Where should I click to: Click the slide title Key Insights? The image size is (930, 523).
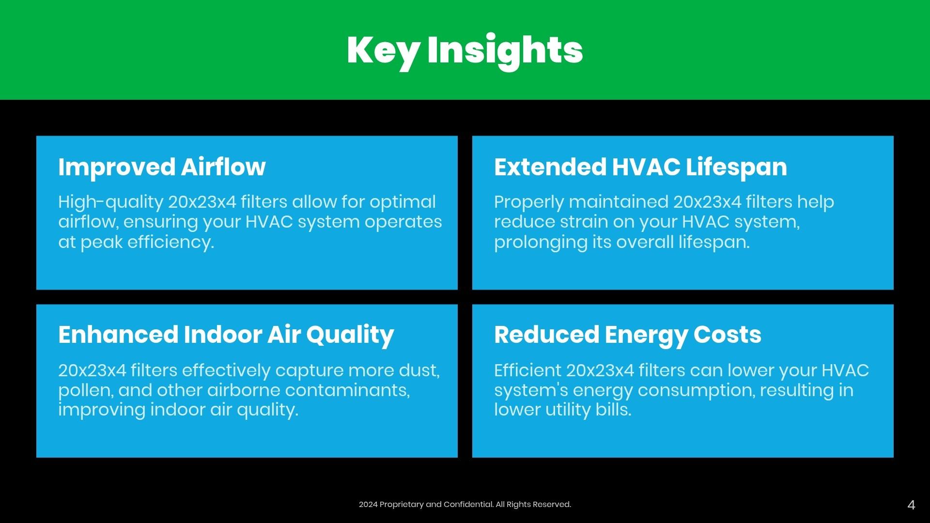pos(465,50)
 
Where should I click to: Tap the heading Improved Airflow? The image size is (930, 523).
pos(162,167)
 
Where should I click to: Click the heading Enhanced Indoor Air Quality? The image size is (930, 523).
pos(226,335)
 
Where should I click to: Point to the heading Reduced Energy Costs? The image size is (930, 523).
pos(628,335)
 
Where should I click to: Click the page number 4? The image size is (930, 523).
pos(911,505)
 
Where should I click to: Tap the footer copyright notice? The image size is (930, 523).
pos(465,505)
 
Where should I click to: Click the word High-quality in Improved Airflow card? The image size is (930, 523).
pos(111,203)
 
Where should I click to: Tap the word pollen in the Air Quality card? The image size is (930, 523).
pos(86,391)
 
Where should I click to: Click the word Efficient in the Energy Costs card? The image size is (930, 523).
pos(527,370)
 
